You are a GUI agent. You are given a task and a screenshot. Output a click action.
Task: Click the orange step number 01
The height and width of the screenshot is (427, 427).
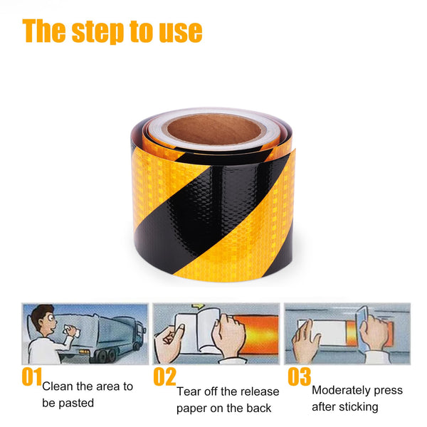coord(32,376)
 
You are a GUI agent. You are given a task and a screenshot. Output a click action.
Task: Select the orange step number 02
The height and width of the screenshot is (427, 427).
coord(165,376)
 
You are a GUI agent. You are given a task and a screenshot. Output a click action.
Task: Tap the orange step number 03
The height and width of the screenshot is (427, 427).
coord(300,376)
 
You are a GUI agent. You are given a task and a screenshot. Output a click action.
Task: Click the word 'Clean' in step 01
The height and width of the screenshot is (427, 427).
coord(58,386)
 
